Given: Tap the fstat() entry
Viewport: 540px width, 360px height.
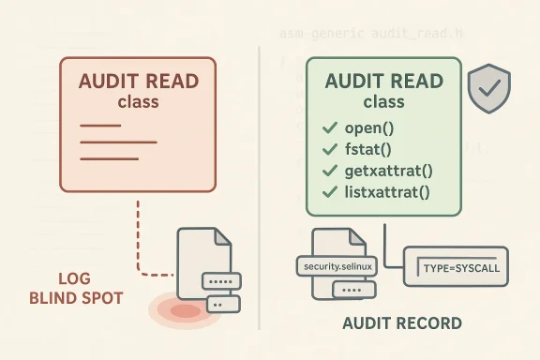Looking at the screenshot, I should tap(367, 149).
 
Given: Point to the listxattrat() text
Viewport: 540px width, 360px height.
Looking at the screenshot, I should tap(386, 192).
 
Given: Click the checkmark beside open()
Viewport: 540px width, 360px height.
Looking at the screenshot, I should tap(329, 127).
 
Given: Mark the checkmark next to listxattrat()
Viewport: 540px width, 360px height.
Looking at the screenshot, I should tap(329, 192).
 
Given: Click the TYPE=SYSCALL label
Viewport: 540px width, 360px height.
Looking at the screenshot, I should tap(461, 267).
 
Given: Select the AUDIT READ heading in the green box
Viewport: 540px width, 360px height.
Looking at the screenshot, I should tap(383, 82).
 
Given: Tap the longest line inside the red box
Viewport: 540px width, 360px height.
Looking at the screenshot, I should tap(118, 142).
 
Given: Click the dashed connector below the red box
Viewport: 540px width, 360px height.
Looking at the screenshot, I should tap(138, 234).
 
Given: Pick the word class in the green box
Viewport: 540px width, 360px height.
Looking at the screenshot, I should tap(383, 102).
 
